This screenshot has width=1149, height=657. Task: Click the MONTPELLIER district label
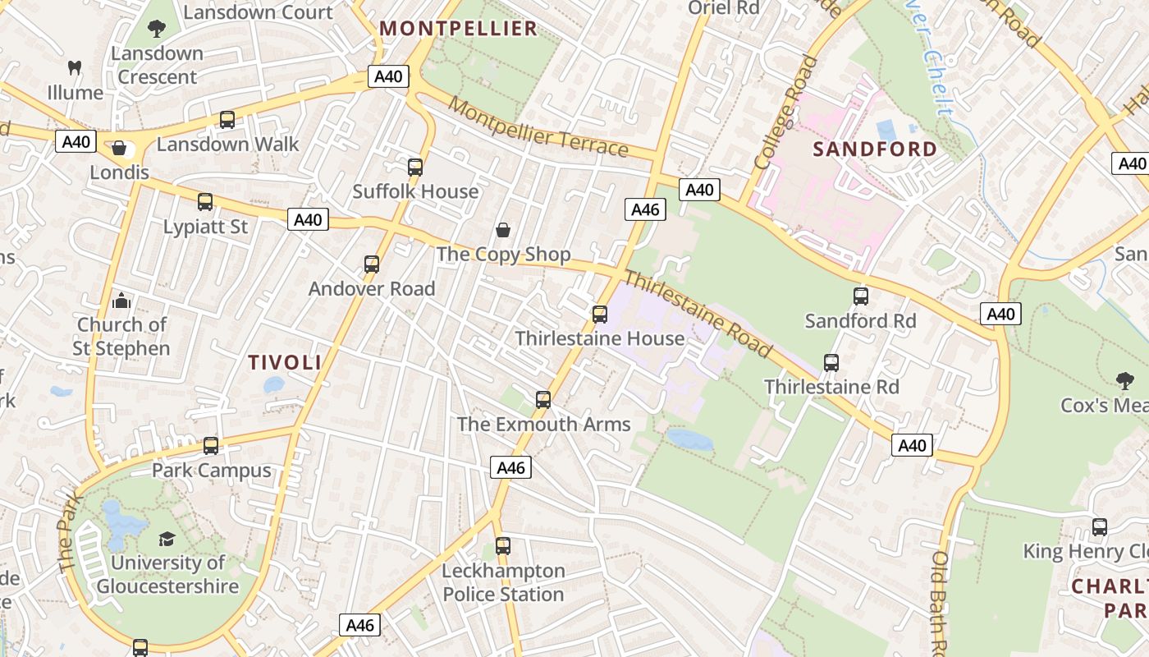459,29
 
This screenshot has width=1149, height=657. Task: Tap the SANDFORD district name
874,149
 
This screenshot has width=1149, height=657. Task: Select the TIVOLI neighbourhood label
285,362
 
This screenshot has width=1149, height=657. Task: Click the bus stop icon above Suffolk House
415,168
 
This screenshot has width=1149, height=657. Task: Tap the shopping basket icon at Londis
119,149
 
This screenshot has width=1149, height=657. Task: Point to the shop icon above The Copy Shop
503,230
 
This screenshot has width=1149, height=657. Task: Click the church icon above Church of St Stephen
121,301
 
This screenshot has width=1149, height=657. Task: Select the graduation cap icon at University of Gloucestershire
167,539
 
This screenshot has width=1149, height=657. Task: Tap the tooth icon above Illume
75,68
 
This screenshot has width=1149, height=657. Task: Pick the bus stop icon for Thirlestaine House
600,315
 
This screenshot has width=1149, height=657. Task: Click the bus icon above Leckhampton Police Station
503,546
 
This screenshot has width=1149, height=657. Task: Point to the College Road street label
786,113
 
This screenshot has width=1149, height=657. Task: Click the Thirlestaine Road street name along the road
699,314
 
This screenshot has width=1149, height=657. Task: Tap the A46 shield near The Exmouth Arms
511,468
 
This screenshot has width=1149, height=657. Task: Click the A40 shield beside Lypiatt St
309,219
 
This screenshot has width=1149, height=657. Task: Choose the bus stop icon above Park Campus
211,446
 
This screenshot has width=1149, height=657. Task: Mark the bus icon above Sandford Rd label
860,296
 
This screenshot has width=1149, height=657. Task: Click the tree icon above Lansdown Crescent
157,30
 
